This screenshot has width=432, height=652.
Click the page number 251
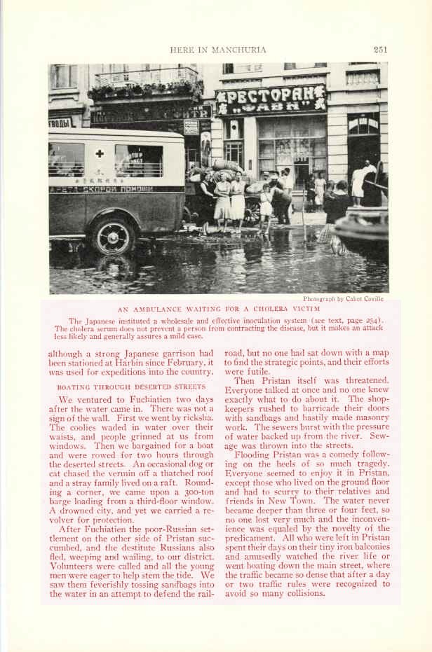click(380, 50)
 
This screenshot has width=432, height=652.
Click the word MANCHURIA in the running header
click(241, 50)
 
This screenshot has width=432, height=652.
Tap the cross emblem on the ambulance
click(100, 153)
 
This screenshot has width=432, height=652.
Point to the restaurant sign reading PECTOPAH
click(271, 100)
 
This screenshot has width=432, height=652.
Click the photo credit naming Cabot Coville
click(343, 298)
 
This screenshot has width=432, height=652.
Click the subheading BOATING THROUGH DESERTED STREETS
click(131, 386)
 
